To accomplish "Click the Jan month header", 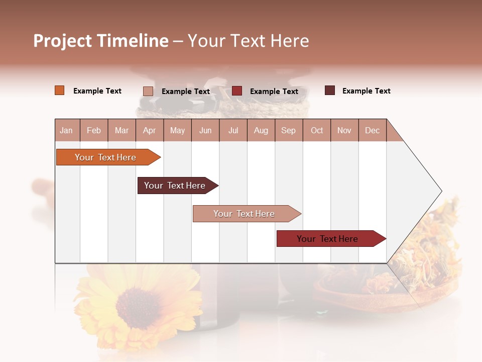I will pos(66,130).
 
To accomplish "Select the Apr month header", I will pos(149,130).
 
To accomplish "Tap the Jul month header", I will pos(233,130).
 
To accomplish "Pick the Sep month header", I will pos(288,130).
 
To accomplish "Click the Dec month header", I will pos(372,130).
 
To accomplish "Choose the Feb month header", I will pos(94,130).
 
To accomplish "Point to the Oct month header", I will pos(317,130).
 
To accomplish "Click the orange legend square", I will pos(59,90).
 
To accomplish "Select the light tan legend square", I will pos(148,91).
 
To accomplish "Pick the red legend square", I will pos(237,90).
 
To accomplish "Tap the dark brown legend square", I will pos(330,90).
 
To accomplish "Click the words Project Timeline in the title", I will pos(101,41).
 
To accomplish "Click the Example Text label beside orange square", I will pos(97,91).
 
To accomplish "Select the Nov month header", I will pos(344,130).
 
